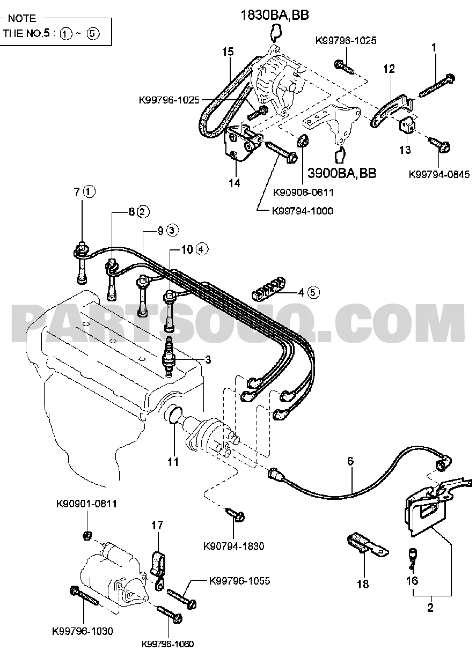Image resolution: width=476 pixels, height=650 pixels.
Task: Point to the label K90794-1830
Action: click(x=234, y=546)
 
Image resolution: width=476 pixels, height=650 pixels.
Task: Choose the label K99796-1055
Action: click(x=239, y=581)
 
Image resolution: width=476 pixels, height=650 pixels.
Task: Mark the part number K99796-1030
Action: click(x=83, y=631)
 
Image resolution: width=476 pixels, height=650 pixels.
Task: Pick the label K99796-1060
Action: click(x=167, y=644)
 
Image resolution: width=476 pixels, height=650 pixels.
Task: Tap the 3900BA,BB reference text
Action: click(x=342, y=173)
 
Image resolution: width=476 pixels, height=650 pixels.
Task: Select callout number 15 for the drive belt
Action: click(x=228, y=52)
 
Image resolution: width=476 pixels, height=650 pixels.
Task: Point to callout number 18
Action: click(x=363, y=584)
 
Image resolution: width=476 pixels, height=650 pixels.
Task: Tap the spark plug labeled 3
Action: click(x=171, y=359)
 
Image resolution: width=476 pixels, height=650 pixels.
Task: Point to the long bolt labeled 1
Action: click(x=436, y=86)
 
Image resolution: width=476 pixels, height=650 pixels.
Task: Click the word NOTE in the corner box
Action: click(x=21, y=18)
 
